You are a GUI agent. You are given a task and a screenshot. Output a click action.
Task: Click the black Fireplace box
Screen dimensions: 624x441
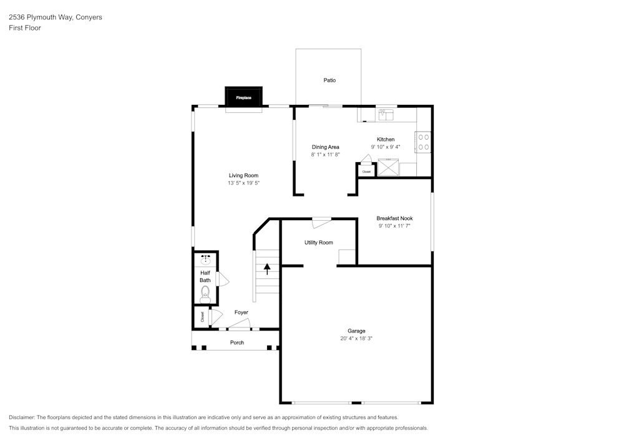click(x=243, y=97)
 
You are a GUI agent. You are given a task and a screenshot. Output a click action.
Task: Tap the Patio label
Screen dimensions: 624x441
click(x=329, y=80)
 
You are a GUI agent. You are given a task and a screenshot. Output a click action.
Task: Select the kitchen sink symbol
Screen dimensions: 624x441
click(x=386, y=115)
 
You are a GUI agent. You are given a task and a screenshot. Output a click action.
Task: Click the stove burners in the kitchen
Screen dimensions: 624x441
click(x=424, y=142)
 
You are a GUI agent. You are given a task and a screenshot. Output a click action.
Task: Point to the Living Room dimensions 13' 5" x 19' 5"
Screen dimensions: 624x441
click(x=243, y=183)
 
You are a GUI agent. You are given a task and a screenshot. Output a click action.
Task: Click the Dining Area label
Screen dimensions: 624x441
click(x=326, y=147)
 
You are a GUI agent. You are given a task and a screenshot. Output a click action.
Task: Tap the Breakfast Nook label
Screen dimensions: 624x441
click(x=394, y=218)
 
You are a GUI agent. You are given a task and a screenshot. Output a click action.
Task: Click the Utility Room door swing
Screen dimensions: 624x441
click(x=321, y=223)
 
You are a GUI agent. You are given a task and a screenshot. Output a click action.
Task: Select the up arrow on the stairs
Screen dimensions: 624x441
click(x=267, y=269)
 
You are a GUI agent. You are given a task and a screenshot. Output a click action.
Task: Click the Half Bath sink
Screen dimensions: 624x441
click(x=205, y=260)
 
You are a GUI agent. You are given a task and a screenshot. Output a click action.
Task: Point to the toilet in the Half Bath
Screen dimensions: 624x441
click(x=205, y=294)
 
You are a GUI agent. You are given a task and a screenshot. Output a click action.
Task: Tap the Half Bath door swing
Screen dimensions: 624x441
click(x=223, y=279)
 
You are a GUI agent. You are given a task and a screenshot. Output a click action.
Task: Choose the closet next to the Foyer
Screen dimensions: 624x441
click(x=202, y=317)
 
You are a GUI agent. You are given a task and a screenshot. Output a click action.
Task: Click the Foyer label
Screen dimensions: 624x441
click(x=241, y=313)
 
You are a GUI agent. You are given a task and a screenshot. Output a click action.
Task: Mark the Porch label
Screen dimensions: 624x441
click(x=237, y=343)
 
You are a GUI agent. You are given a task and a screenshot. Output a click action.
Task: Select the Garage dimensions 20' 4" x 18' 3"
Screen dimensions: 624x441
click(x=356, y=339)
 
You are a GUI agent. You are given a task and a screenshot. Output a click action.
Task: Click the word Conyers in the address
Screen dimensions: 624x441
click(x=89, y=17)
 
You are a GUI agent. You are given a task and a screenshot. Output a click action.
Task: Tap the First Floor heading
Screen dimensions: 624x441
click(x=25, y=28)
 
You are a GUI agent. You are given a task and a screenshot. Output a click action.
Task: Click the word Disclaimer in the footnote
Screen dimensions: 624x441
click(x=22, y=417)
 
